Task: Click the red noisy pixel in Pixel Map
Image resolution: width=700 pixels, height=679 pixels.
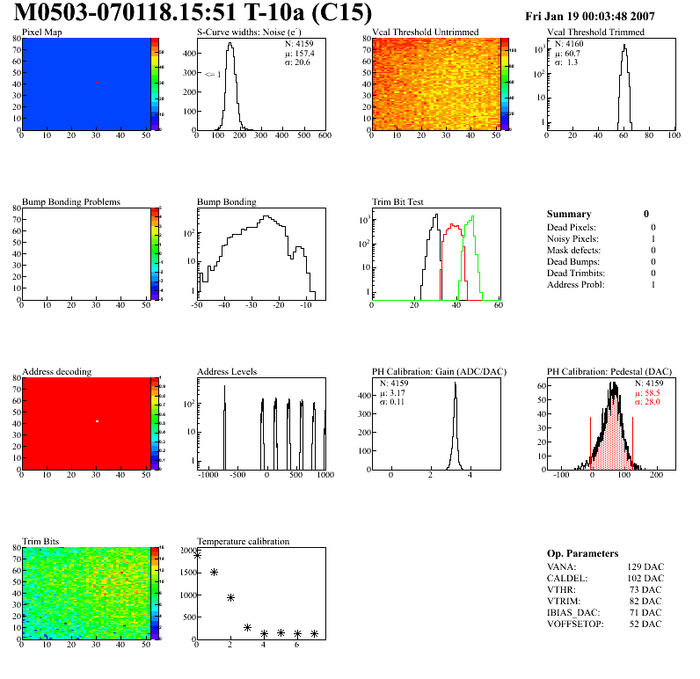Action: [x=97, y=82]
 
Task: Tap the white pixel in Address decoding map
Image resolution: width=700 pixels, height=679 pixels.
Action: [x=97, y=421]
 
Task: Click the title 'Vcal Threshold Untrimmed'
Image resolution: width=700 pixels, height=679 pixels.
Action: [x=425, y=33]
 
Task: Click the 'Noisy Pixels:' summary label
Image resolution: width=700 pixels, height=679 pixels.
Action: [x=573, y=238]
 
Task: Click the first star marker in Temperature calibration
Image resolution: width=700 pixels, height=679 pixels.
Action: [x=197, y=555]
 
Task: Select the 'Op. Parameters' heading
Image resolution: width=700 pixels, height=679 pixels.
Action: [x=582, y=553]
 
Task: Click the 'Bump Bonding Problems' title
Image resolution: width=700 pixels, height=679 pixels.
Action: [x=71, y=202]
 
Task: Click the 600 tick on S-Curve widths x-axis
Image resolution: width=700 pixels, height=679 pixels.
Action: [x=324, y=136]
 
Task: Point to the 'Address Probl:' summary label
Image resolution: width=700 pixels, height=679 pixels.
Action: [x=575, y=284]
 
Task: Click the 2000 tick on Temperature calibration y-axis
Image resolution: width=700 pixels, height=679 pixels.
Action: [x=186, y=551]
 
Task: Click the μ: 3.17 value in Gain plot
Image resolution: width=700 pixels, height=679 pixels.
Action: [x=394, y=392]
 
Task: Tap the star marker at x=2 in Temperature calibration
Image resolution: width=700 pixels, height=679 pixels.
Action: [x=230, y=598]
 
